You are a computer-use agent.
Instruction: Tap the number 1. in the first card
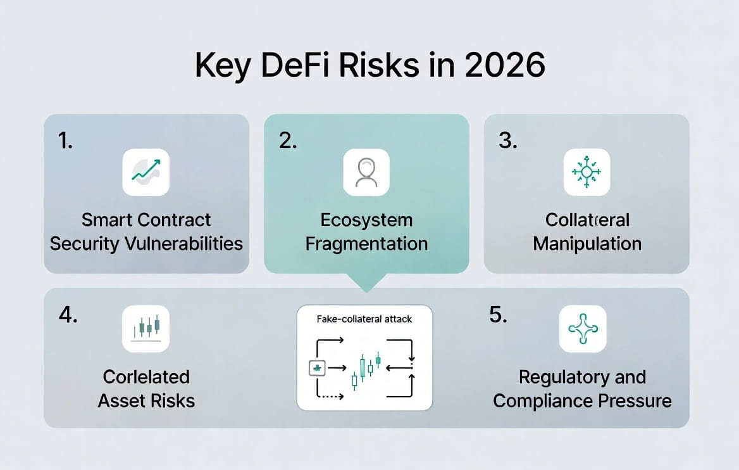(x=65, y=141)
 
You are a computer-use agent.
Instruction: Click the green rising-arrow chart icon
(x=146, y=172)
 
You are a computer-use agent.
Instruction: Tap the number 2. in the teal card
(x=287, y=141)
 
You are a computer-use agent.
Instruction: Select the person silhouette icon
(x=366, y=172)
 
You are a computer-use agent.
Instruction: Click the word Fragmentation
(x=366, y=244)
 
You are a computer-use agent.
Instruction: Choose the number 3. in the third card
(x=507, y=141)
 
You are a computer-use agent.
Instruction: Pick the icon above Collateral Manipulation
(x=587, y=172)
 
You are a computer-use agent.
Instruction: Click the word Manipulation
(x=587, y=244)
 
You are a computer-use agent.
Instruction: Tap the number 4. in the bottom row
(x=68, y=315)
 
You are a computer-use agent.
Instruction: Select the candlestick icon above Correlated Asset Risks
(x=146, y=329)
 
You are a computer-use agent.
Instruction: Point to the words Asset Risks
(x=146, y=400)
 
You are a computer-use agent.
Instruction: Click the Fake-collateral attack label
(x=364, y=319)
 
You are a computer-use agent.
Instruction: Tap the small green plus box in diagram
(x=316, y=367)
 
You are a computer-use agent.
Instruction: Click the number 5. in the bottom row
(x=498, y=315)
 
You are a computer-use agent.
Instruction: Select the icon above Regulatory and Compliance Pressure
(x=583, y=329)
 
